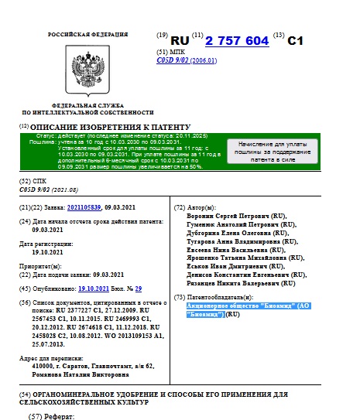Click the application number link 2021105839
pos(85,208)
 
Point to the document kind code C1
pos(297,42)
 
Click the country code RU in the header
pos(180,41)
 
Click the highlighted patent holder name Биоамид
pos(232,309)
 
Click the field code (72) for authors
pos(179,208)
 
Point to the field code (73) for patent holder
pos(179,298)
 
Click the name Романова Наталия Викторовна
pos(79,374)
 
